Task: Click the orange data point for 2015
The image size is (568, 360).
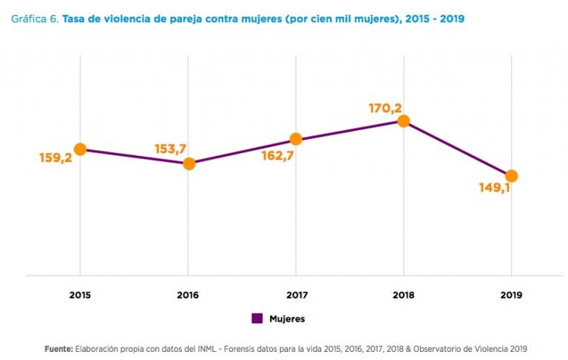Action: click(80, 149)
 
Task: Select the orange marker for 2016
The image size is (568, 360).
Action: click(189, 163)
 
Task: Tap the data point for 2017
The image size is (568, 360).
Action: click(296, 138)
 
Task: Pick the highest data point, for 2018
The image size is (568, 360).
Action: click(403, 120)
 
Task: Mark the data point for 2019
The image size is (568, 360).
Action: click(510, 176)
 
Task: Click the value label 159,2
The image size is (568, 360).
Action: click(55, 157)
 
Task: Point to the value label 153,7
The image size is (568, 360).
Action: click(169, 149)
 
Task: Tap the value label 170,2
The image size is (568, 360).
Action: click(385, 109)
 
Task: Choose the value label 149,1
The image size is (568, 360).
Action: click(494, 188)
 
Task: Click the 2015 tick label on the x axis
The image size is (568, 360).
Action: click(80, 294)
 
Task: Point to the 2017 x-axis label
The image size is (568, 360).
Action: click(296, 294)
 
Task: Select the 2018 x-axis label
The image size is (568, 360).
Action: click(403, 294)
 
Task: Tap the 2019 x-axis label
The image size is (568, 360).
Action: click(510, 294)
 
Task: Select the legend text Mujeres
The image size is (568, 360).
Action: click(287, 319)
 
